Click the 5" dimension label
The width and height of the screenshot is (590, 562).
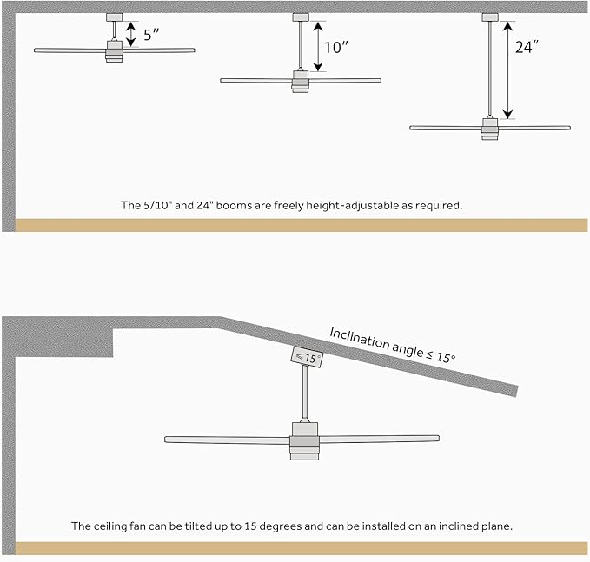pyautogui.click(x=152, y=36)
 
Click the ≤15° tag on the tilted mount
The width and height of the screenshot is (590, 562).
pyautogui.click(x=306, y=357)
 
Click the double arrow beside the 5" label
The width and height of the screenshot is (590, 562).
pyautogui.click(x=131, y=35)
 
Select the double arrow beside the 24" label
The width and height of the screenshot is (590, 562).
pyautogui.click(x=509, y=69)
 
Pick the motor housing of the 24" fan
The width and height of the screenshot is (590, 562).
pyautogui.click(x=490, y=129)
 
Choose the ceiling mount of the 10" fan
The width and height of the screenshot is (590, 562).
pyautogui.click(x=301, y=17)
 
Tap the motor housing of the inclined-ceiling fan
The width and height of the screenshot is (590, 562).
pyautogui.click(x=304, y=439)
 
